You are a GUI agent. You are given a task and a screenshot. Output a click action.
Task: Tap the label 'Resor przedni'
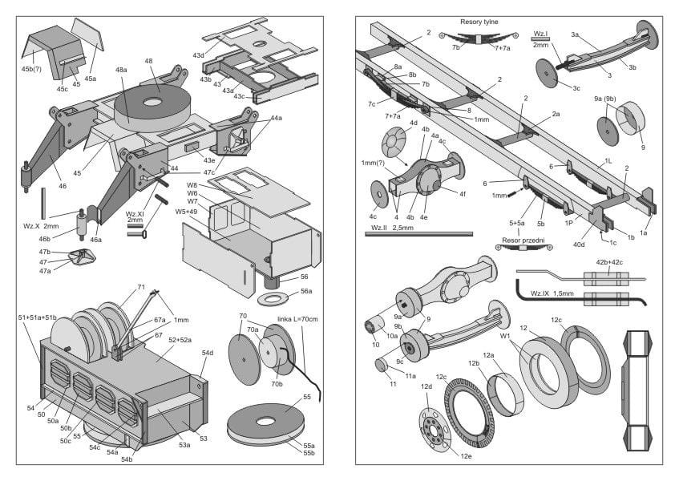(x=523, y=240)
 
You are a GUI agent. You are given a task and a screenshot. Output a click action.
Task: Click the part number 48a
(x=121, y=71)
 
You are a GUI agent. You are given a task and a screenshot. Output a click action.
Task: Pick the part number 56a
(x=305, y=292)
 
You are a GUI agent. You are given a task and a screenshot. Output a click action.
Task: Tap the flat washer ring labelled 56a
(x=273, y=299)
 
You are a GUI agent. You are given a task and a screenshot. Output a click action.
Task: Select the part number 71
(x=140, y=287)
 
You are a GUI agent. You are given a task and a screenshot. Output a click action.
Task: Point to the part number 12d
(x=426, y=386)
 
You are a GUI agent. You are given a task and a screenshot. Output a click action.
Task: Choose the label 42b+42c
(x=609, y=261)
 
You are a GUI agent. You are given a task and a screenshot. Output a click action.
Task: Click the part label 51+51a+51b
(x=37, y=318)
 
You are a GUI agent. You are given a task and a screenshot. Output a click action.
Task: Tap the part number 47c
(x=208, y=173)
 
